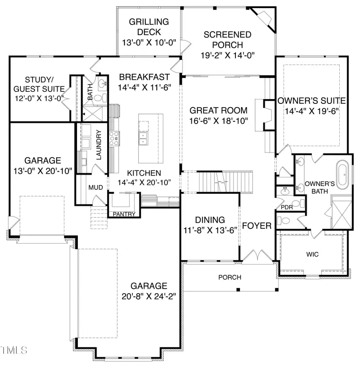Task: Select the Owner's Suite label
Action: click(x=311, y=100)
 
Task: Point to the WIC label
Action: click(x=312, y=255)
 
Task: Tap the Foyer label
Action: click(x=257, y=226)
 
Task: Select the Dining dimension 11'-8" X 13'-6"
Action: click(x=210, y=229)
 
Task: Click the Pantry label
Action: click(x=124, y=214)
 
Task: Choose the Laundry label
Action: click(x=99, y=145)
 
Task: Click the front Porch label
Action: click(x=230, y=277)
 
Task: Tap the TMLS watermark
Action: click(x=14, y=350)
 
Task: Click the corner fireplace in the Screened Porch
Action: click(x=265, y=18)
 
